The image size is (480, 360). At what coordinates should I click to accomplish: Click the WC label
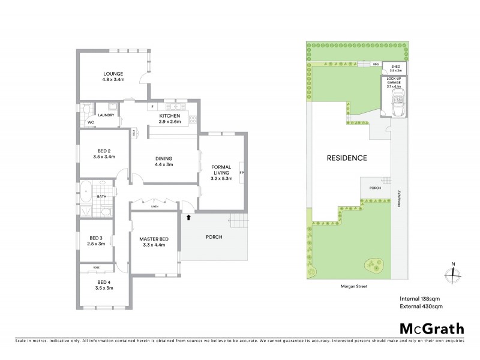[x=91, y=122]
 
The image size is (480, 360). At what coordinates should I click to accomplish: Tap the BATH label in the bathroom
[x=102, y=196]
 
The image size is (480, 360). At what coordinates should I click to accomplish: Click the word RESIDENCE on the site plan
[x=346, y=158]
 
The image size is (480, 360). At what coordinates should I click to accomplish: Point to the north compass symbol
[x=454, y=273]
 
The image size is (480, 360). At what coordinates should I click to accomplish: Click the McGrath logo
[x=431, y=330]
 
